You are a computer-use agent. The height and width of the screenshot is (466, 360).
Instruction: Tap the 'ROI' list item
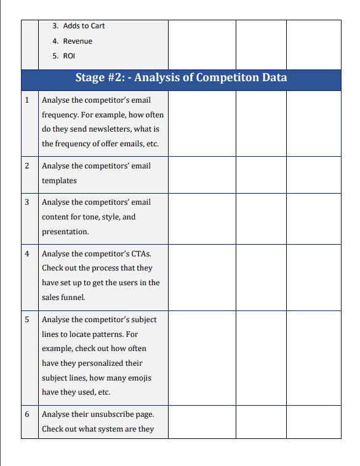(70, 56)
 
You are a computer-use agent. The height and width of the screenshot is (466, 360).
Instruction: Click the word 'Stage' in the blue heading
(90, 78)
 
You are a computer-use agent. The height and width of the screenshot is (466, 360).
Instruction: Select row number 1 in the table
(26, 100)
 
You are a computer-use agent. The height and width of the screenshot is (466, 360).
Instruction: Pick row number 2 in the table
(26, 166)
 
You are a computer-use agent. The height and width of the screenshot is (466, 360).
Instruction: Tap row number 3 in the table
(26, 202)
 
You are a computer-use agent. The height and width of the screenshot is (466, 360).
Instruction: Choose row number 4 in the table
(26, 253)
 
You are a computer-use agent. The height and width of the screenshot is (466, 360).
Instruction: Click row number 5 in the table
(26, 320)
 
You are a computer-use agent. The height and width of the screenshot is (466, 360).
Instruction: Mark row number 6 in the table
(26, 414)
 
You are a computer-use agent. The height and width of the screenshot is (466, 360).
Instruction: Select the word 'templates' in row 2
(59, 181)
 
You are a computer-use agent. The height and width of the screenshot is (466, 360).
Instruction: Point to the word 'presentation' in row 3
(65, 232)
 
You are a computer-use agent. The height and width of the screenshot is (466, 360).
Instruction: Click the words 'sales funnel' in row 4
(63, 298)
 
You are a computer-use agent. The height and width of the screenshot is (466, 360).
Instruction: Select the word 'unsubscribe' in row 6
(104, 414)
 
